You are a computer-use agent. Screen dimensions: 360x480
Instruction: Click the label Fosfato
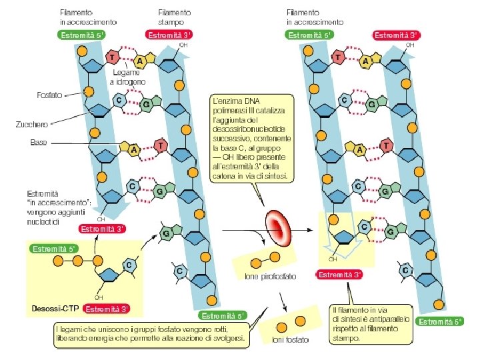tap(49, 95)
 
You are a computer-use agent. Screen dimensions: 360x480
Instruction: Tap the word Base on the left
tap(39, 143)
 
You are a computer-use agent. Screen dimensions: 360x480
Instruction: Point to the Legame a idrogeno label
tap(127, 77)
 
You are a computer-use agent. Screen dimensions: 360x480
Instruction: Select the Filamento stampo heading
tap(175, 17)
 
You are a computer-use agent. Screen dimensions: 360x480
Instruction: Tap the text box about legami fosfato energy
tap(151, 335)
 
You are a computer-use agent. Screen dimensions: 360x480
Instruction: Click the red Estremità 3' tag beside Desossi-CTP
tap(107, 309)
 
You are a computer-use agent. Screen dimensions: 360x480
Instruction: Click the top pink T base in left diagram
tap(113, 58)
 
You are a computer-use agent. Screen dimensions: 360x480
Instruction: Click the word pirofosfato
tap(274, 275)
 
